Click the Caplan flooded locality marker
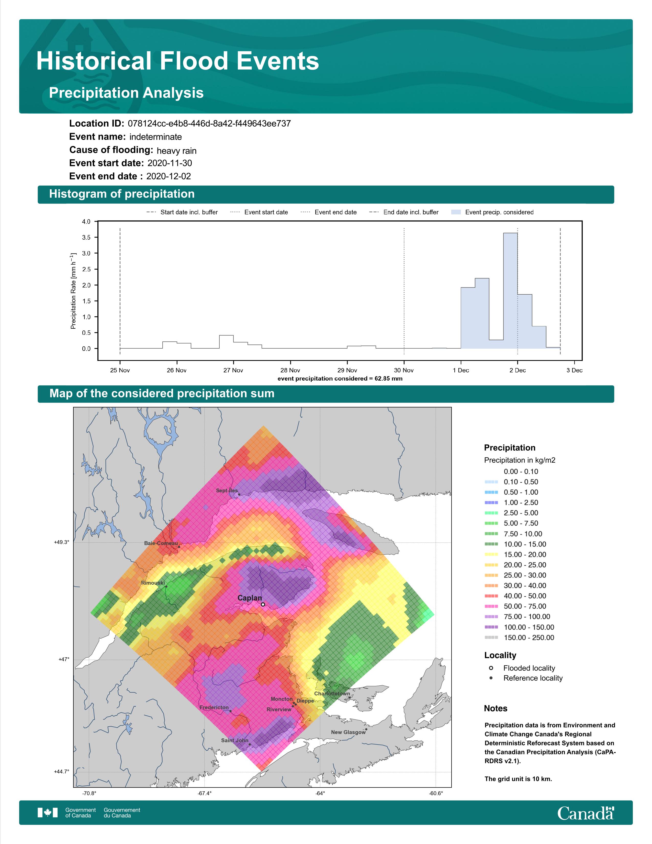click(x=263, y=604)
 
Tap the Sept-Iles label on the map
click(x=227, y=490)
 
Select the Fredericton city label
click(x=214, y=707)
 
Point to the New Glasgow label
click(x=348, y=732)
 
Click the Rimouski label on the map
click(x=153, y=583)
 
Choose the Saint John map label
click(x=234, y=740)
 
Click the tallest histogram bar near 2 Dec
click(x=510, y=291)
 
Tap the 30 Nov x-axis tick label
click(x=404, y=370)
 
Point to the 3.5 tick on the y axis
click(x=86, y=237)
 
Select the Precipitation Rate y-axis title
click(x=73, y=291)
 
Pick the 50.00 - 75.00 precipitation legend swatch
click(x=491, y=606)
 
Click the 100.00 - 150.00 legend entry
click(x=519, y=627)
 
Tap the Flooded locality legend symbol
click(x=491, y=668)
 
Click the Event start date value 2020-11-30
click(x=170, y=163)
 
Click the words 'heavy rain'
click(x=176, y=150)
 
